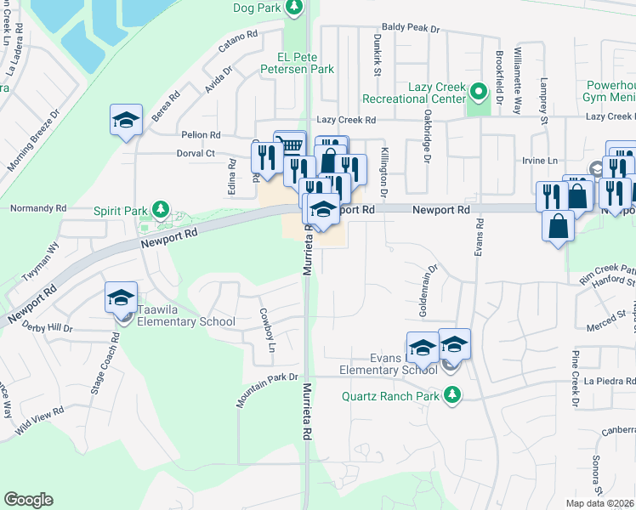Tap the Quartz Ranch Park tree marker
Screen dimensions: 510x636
(453, 395)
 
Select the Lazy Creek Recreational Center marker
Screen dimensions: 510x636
(479, 90)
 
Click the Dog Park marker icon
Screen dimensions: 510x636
(293, 8)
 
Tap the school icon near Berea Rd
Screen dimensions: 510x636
(126, 120)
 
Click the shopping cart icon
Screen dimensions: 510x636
(290, 145)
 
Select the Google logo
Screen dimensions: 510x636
(28, 500)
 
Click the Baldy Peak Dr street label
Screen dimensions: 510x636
(413, 28)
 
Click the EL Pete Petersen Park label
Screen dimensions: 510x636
(298, 64)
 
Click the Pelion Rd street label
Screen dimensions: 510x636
(201, 134)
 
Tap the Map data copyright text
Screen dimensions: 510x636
(600, 503)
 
